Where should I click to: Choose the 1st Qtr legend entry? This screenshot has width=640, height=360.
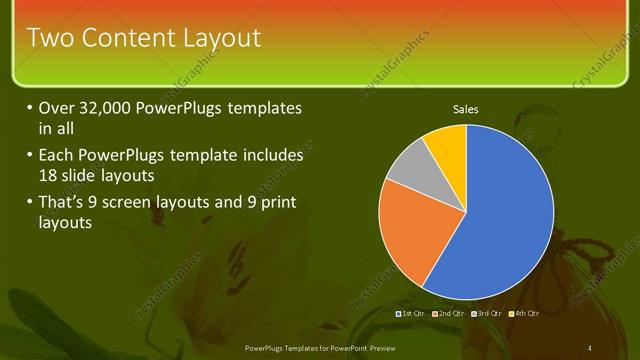[412, 313]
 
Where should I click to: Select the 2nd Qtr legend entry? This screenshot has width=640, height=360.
[450, 313]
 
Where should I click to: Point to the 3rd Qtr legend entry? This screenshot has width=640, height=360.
[488, 313]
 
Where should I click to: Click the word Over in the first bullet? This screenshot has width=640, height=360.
[56, 108]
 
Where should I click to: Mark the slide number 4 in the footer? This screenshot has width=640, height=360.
[590, 347]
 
